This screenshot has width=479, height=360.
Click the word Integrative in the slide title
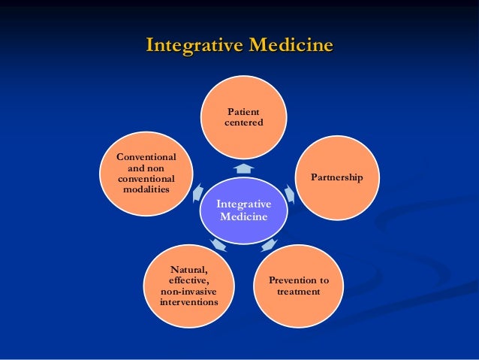191,45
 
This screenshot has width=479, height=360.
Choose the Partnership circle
337,178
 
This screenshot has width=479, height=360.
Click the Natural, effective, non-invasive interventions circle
188,286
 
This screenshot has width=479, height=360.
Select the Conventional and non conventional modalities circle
146,174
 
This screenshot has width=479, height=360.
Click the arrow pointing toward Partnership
290,194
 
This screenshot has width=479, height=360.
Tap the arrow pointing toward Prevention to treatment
270,244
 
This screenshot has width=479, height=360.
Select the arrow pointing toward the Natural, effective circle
218,244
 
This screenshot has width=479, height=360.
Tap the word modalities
146,191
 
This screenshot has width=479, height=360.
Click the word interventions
188,302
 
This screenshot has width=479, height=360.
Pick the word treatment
298,292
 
